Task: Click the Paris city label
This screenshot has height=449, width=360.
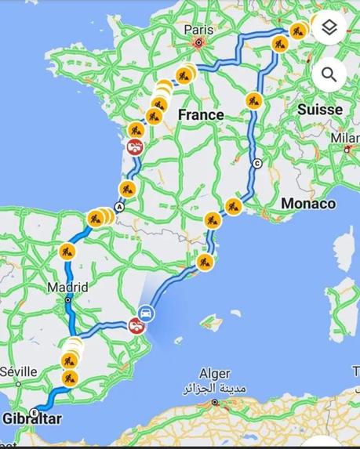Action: point(198,30)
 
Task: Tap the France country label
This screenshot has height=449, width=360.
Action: point(201,114)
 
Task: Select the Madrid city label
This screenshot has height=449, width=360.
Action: point(67,287)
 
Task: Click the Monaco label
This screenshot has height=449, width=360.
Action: point(308,204)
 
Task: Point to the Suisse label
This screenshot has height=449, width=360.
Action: point(320,110)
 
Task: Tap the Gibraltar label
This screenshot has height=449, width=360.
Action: point(32,418)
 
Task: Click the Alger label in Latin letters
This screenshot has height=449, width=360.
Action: point(215,375)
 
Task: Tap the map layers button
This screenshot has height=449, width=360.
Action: point(329,29)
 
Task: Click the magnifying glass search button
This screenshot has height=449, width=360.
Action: point(329,75)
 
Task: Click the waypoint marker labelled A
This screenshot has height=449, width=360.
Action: point(119,207)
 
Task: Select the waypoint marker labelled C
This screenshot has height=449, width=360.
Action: point(257,164)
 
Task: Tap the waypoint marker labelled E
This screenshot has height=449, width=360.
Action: point(34,412)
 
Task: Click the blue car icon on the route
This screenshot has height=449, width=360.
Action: point(146,314)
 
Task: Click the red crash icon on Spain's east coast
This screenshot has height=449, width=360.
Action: point(136,326)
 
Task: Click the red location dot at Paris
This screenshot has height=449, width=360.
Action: point(199,43)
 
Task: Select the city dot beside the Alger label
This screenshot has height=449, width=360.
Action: point(215,402)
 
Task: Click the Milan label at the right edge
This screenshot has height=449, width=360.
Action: point(348,138)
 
